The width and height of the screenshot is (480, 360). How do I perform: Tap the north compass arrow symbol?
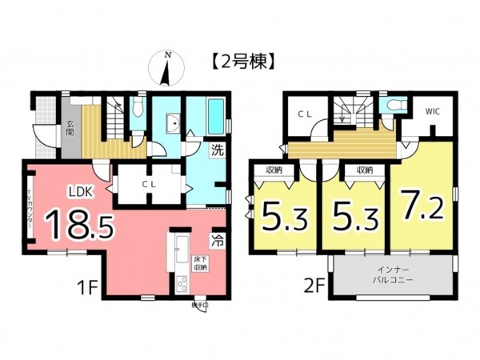tap(166, 69)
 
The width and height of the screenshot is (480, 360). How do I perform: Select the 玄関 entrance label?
tap(70, 129)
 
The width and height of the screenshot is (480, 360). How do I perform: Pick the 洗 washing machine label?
tap(216, 149)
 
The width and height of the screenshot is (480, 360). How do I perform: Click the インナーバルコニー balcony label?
tap(393, 278)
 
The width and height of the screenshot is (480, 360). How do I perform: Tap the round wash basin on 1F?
tap(170, 123)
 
